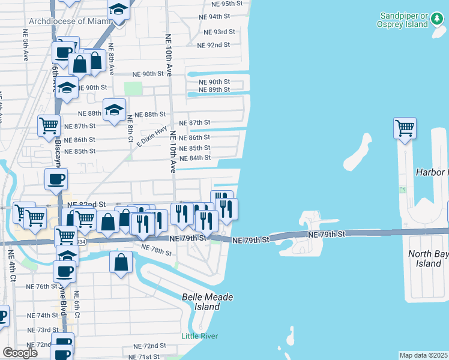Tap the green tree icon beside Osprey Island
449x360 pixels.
point(437,23)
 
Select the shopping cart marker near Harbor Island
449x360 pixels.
point(405,128)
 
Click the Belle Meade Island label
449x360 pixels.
point(207,302)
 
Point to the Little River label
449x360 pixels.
point(200,336)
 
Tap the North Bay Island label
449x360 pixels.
point(428,259)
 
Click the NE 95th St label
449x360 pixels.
point(218,4)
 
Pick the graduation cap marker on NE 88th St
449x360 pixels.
point(114,110)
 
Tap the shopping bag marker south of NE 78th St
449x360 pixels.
point(121,262)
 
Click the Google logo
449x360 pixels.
point(19,353)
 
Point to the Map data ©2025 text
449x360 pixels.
point(423,355)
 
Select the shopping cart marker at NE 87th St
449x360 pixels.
point(49,126)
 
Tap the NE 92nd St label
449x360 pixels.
point(214,45)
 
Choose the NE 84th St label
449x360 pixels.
point(196,158)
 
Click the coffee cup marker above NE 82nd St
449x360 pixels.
point(56,178)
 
